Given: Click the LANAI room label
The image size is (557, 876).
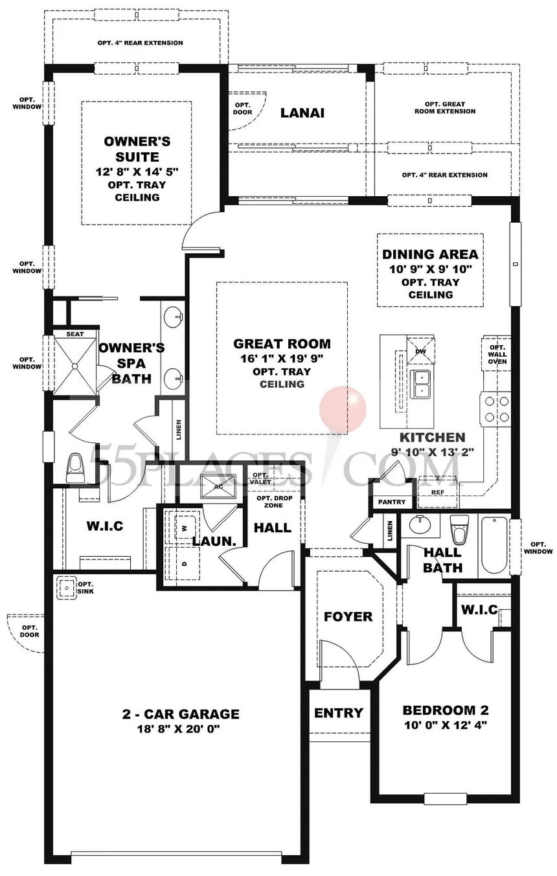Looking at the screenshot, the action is pos(302,113).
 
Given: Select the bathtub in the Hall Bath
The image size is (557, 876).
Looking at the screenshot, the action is pos(494,546).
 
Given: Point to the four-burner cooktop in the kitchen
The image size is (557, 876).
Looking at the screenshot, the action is pos(497,409).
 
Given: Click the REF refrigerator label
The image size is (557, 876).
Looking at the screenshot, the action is pos(437,492).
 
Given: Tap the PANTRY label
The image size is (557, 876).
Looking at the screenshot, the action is pos(392,502).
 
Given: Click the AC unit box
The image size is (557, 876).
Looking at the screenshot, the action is pos(218,487).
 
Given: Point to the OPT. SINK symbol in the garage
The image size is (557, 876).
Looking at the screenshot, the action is pos(67,588).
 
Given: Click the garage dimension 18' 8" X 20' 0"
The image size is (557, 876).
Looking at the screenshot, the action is pos(178,729).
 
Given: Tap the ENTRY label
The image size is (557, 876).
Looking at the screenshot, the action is pos(339,713).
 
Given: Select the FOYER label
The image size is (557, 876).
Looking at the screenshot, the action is pos(348,617).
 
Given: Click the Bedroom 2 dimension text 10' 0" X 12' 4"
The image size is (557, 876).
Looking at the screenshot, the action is pos(446,725).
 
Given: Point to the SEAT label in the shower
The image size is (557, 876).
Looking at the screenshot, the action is pos(74,334).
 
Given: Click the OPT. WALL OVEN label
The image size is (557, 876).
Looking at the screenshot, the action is pos(497,354).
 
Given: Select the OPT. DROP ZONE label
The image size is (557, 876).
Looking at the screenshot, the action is pos(274,502).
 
